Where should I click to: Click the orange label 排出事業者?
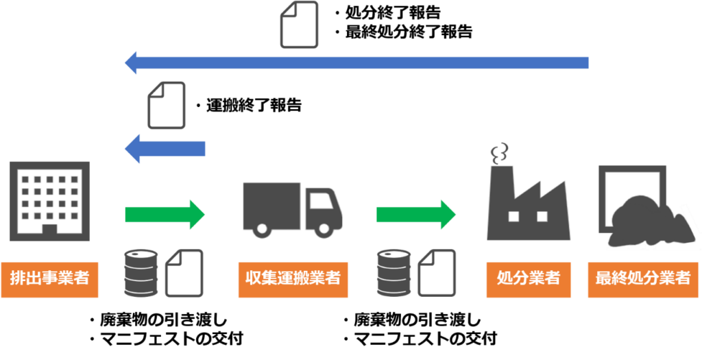(49, 279)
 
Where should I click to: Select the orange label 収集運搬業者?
(293, 279)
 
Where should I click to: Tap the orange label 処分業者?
(529, 279)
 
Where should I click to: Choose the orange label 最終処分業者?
(642, 279)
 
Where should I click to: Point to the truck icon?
(292, 209)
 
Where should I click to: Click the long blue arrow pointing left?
(356, 63)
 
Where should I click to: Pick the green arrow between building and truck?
(165, 215)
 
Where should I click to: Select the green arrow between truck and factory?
(416, 215)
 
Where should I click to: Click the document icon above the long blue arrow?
(300, 25)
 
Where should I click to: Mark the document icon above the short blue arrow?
(167, 105)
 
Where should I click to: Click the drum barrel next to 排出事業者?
(141, 273)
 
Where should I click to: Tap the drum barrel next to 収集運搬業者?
(394, 273)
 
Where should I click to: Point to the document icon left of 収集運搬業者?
(184, 273)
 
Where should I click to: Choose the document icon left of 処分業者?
(437, 273)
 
